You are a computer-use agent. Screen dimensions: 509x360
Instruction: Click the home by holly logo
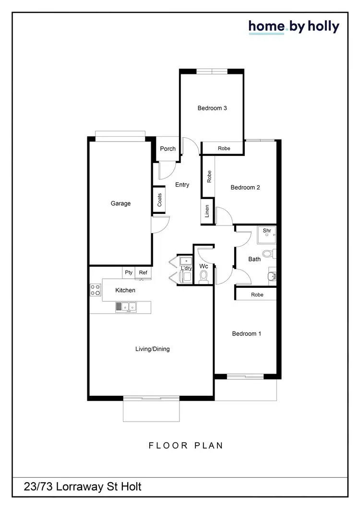(294, 27)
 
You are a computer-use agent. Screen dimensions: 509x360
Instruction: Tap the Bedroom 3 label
(212, 108)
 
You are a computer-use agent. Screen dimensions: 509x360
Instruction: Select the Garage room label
(120, 203)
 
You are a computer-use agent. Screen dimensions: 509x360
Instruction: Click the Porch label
(168, 149)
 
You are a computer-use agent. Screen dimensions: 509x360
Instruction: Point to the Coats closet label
(160, 200)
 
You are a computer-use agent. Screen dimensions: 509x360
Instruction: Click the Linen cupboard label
(207, 211)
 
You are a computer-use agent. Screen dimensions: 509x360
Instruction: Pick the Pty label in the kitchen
(129, 272)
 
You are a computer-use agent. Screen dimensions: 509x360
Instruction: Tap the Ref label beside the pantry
(143, 272)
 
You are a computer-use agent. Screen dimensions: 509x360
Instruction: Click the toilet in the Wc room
(204, 276)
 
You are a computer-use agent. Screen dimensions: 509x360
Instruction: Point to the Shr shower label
(267, 231)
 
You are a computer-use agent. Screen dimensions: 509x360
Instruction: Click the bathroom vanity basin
(272, 276)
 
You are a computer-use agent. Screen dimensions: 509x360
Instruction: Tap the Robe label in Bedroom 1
(257, 295)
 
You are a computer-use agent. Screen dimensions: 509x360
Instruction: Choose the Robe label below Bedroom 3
(224, 149)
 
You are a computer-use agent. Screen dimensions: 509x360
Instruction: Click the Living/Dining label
(153, 349)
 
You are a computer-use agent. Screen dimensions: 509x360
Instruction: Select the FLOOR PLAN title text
(186, 445)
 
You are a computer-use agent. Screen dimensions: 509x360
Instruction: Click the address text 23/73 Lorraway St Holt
(83, 487)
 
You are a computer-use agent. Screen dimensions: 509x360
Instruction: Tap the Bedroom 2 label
(245, 187)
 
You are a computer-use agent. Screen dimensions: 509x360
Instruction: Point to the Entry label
(182, 185)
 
